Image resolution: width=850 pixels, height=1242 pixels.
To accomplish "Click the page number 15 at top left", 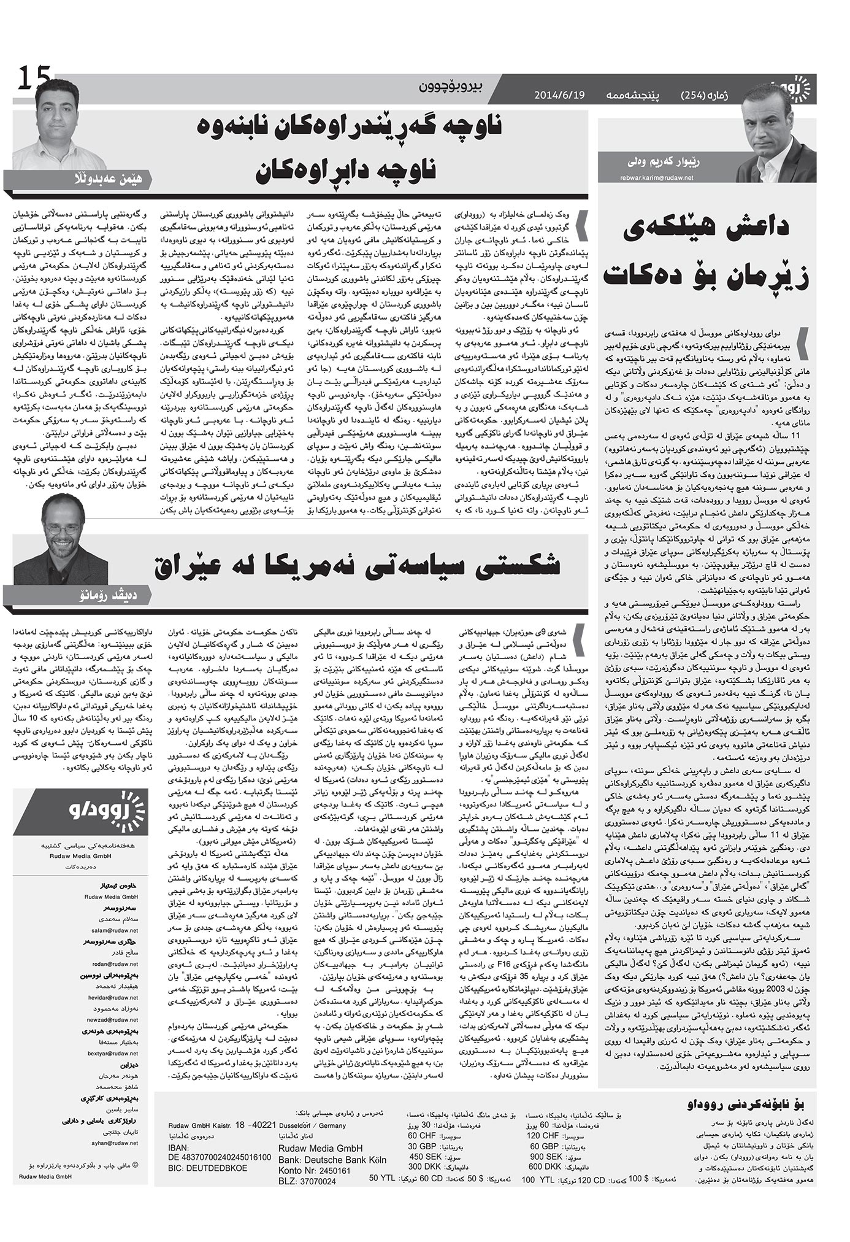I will (35, 79).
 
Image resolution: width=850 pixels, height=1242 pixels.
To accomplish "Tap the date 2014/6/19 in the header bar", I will (560, 95).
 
